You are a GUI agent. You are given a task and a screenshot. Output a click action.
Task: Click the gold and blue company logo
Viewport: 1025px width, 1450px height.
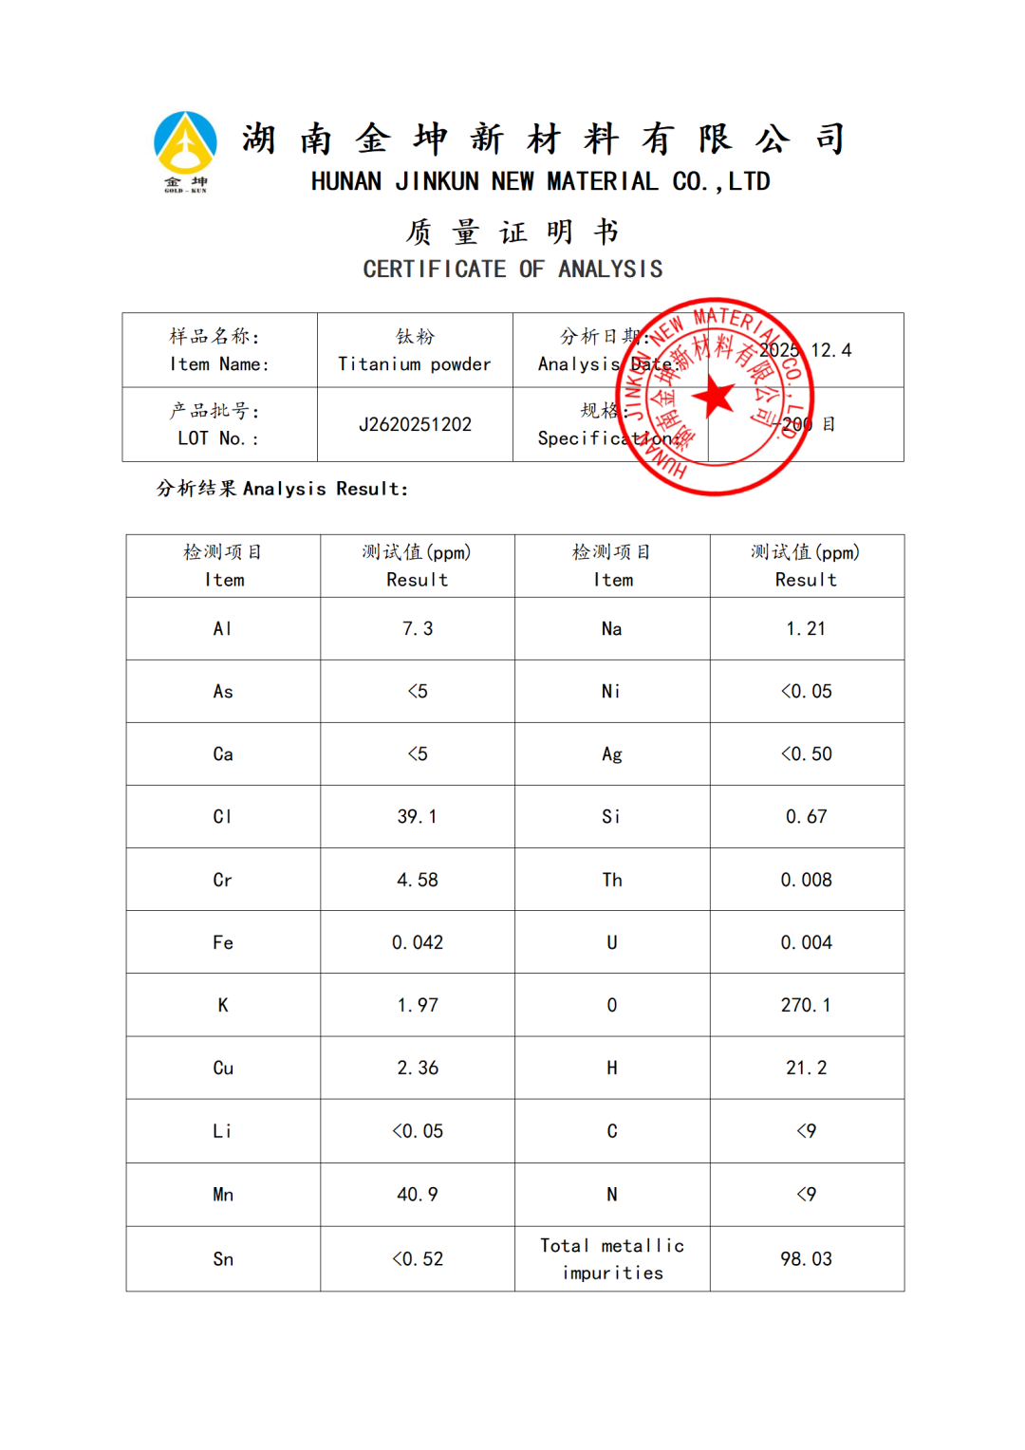point(185,150)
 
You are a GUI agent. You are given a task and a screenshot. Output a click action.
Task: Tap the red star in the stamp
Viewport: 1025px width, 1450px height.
point(715,397)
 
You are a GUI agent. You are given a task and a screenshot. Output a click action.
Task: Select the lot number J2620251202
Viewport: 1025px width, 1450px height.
point(415,424)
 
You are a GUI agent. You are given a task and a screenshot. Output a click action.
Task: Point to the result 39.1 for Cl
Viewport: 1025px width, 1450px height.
point(417,816)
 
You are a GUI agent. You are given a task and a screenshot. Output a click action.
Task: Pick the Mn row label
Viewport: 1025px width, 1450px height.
point(223,1194)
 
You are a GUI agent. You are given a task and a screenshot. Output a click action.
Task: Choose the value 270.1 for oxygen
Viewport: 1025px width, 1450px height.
point(806,1005)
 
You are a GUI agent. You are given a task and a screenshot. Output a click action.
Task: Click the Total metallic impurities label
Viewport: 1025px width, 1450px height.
point(612,1258)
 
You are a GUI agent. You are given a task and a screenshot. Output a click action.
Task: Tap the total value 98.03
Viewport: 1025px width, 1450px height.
point(806,1258)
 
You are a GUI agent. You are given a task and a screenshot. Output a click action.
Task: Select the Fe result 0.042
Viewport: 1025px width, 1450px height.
point(417,942)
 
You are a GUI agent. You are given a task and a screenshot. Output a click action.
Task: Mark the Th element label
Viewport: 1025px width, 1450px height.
point(612,880)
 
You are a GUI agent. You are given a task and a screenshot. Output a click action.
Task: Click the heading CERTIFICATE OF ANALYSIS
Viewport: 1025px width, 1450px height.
point(512,270)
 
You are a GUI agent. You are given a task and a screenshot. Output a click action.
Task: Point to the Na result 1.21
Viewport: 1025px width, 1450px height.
point(806,628)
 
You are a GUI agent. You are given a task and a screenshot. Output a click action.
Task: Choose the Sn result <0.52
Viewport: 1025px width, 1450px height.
point(417,1258)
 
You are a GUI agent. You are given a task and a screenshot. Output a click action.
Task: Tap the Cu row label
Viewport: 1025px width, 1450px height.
point(223,1068)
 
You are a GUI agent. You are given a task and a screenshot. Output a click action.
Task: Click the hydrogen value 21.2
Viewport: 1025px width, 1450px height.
point(806,1068)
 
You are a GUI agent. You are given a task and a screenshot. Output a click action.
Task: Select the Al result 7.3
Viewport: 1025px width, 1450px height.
point(417,628)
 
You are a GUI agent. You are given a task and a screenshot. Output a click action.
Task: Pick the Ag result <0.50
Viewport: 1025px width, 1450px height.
point(806,753)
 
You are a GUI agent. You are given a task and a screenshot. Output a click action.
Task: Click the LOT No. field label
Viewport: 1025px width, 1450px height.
point(217,437)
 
